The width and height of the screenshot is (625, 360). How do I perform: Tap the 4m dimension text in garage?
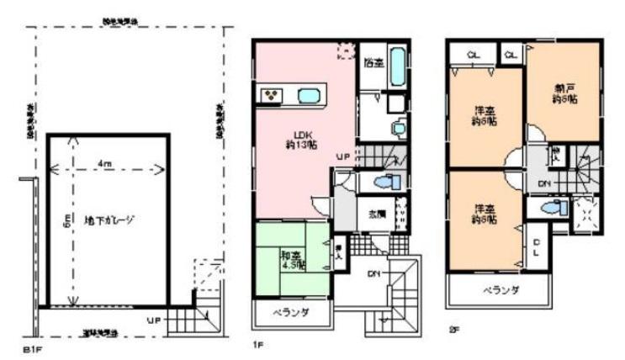click(x=103, y=162)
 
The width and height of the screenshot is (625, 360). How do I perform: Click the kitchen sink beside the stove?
click(x=308, y=95)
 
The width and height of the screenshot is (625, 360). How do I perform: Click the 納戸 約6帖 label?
click(x=564, y=95)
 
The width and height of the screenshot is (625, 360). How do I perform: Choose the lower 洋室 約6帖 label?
click(x=483, y=214)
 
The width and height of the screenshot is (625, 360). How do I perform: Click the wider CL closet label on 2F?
click(x=473, y=55)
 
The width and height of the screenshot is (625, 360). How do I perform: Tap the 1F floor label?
click(x=259, y=346)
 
